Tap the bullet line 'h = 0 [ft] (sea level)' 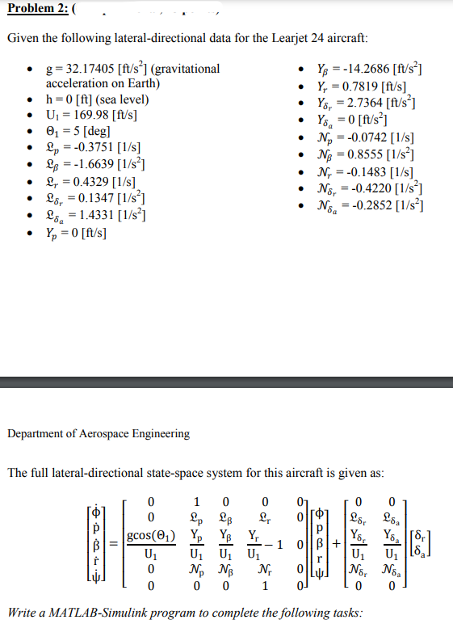point(96,99)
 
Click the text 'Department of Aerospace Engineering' point(99,433)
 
